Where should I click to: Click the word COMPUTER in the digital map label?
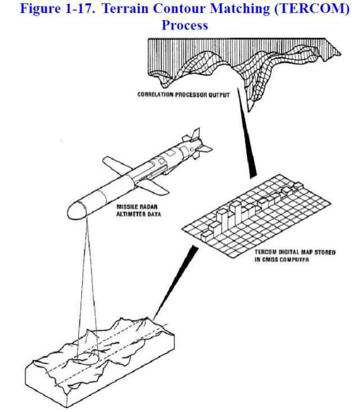point(289,261)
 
